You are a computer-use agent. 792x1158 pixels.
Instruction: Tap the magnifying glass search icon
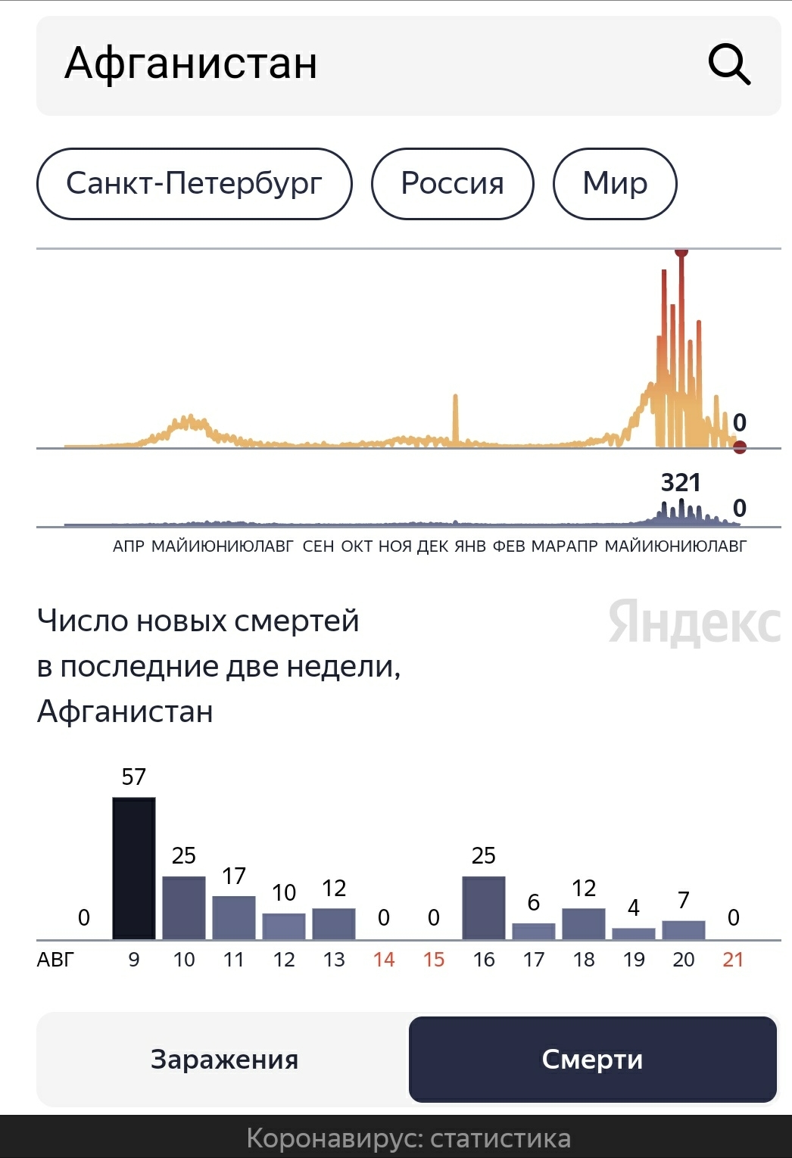click(729, 64)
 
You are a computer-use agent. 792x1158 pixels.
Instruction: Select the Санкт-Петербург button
click(194, 183)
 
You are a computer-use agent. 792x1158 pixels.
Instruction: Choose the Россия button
click(452, 183)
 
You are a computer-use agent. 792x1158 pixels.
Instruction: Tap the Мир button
click(615, 183)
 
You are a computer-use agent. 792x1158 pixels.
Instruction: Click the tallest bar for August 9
click(134, 868)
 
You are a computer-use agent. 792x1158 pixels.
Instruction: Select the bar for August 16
click(484, 908)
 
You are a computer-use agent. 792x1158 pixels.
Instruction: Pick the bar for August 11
click(234, 917)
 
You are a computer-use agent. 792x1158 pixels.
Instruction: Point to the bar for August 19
click(634, 934)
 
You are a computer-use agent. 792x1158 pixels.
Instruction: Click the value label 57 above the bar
click(133, 777)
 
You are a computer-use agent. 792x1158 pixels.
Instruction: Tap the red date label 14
click(384, 960)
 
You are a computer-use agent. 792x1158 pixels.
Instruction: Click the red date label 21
click(733, 960)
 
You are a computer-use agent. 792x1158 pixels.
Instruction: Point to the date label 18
click(584, 960)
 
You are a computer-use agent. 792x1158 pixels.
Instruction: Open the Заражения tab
click(224, 1060)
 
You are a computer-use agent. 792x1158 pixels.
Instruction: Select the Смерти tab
click(592, 1060)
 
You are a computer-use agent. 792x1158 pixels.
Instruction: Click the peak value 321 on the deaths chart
click(680, 482)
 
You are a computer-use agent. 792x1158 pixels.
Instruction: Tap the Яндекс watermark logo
click(694, 623)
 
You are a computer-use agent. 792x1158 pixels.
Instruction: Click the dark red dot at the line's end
click(740, 447)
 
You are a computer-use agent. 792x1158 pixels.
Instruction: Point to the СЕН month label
click(318, 546)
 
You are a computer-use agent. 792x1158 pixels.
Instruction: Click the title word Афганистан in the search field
click(191, 64)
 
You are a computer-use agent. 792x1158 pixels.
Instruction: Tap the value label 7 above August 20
click(683, 900)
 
